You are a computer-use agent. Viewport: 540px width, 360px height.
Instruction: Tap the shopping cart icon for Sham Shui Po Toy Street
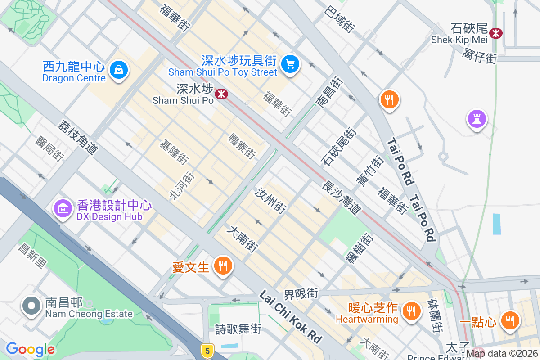pyautogui.click(x=290, y=64)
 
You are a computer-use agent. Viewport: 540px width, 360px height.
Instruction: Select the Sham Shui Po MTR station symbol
pyautogui.click(x=221, y=94)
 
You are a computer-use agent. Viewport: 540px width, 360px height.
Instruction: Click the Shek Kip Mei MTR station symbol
pyautogui.click(x=496, y=33)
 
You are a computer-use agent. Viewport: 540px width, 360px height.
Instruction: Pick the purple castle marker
pyautogui.click(x=476, y=119)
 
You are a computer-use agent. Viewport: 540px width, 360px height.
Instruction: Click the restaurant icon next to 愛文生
pyautogui.click(x=222, y=265)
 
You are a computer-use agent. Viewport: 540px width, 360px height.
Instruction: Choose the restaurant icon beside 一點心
pyautogui.click(x=509, y=321)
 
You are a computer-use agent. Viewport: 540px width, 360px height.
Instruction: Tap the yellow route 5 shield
pyautogui.click(x=207, y=350)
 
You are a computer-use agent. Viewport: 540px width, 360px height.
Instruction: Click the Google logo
pyautogui.click(x=30, y=349)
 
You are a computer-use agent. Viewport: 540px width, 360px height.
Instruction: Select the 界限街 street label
pyautogui.click(x=301, y=294)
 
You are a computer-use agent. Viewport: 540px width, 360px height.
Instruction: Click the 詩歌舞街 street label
pyautogui.click(x=238, y=329)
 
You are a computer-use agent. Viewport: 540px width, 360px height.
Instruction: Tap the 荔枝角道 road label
pyautogui.click(x=77, y=138)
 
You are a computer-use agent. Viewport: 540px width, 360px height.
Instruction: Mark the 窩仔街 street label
pyautogui.click(x=479, y=57)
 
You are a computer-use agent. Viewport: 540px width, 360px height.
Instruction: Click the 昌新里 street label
pyautogui.click(x=32, y=256)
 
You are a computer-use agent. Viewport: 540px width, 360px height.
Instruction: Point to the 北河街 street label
pyautogui.click(x=182, y=186)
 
